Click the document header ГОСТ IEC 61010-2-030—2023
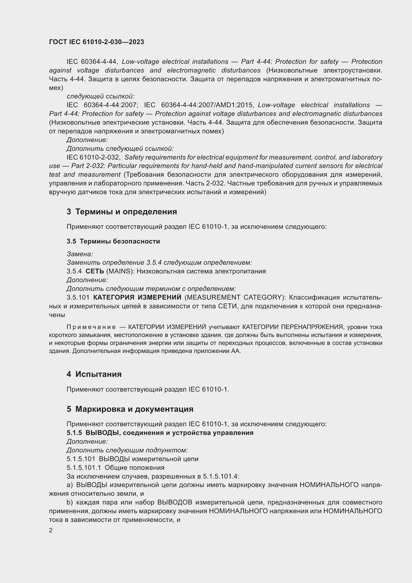coord(96,42)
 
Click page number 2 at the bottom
coord(51,530)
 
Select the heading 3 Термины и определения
coord(122,212)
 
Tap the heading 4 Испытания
coord(94,374)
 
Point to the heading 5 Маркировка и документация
coord(130,409)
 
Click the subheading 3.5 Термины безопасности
coord(113,241)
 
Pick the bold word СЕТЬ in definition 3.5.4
coord(95,271)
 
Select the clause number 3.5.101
coord(78,297)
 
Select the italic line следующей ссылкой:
coord(100,96)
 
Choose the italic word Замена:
coord(80,254)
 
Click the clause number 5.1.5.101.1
coord(84,467)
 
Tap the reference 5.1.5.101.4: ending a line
coord(221,476)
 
